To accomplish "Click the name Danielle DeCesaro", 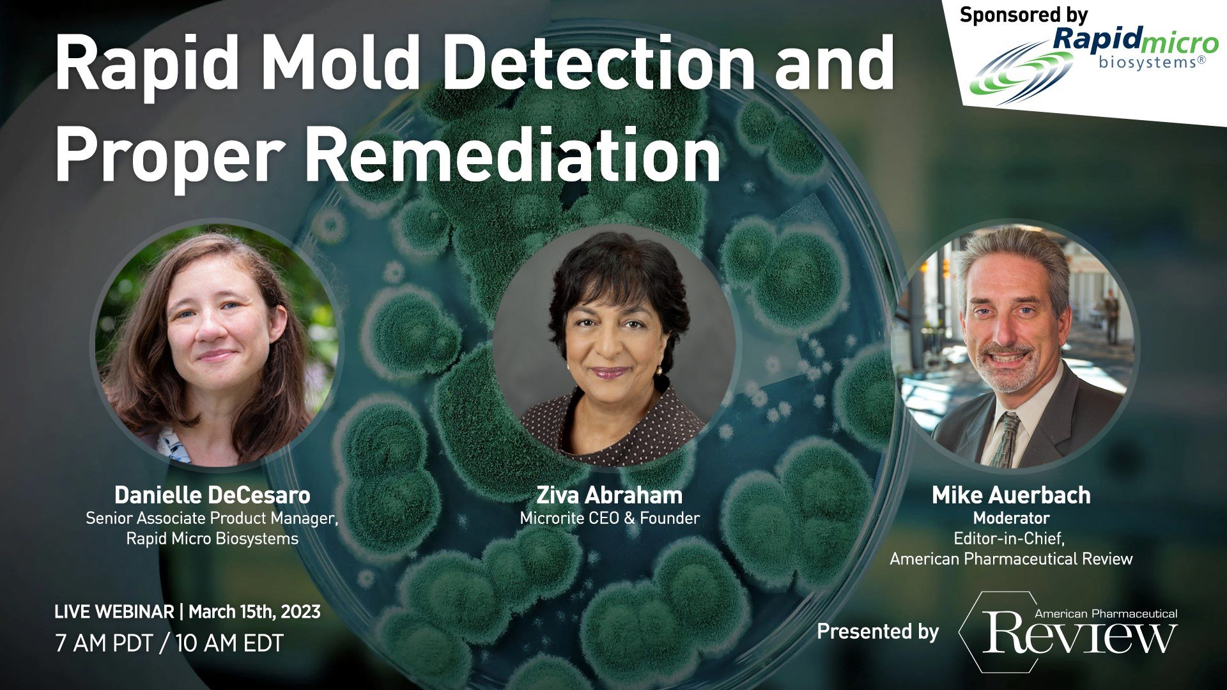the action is (212, 495).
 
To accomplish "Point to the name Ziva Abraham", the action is (609, 495).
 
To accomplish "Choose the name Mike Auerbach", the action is (1011, 495).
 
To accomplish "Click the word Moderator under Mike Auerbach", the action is (1011, 517).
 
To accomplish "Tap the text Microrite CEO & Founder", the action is (610, 517).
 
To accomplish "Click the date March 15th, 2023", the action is (254, 612).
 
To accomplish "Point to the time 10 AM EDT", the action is (229, 643).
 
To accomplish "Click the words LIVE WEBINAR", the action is (114, 612).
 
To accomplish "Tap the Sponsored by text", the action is (1023, 15).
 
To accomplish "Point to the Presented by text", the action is (878, 632).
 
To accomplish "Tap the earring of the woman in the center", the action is (659, 369).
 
